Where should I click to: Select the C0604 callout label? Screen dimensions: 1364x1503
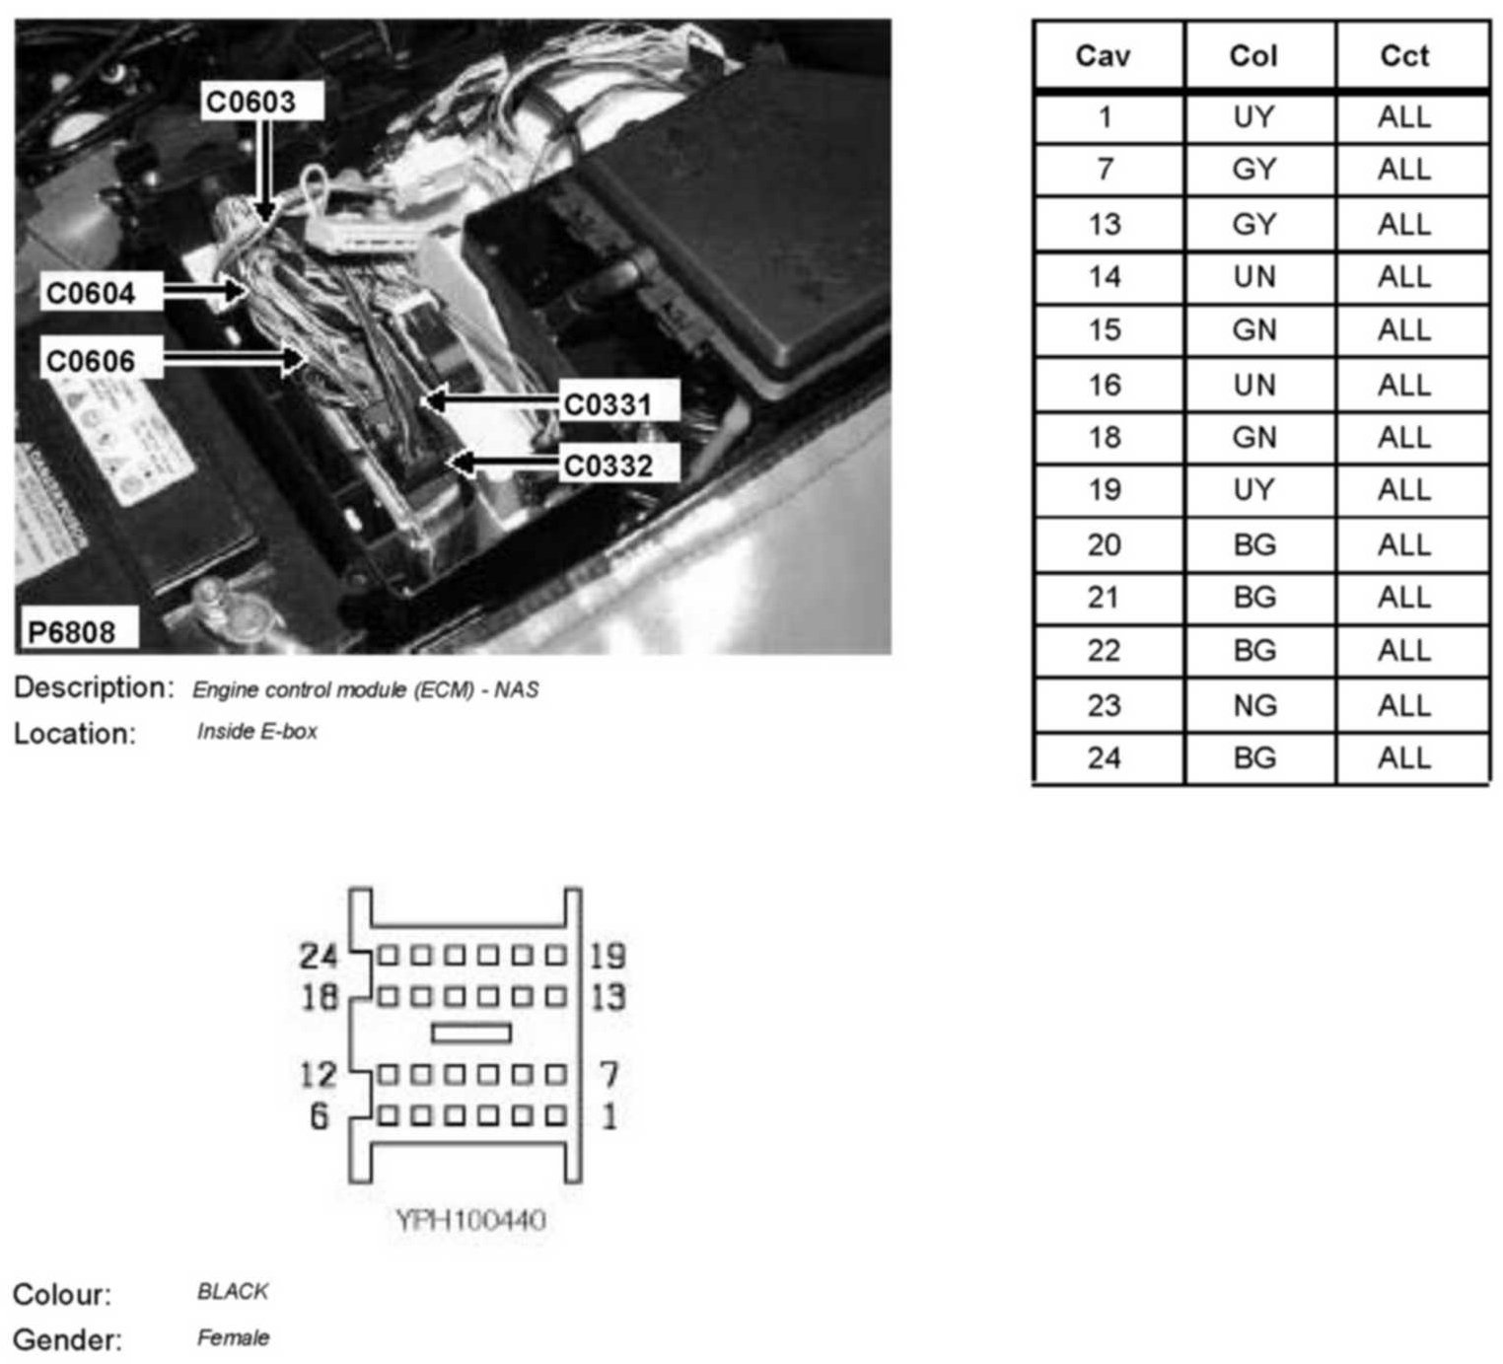91,293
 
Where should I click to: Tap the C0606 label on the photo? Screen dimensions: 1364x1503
91,361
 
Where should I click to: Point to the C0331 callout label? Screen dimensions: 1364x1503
608,404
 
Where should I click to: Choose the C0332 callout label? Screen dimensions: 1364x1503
608,465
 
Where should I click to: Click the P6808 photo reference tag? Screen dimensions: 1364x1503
71,631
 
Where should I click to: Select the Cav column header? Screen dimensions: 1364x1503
1104,56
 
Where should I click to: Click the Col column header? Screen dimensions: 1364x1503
1253,56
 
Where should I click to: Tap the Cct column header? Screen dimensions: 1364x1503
1404,56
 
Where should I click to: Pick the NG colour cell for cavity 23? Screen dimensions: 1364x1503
1253,705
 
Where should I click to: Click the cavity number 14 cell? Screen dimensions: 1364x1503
1104,277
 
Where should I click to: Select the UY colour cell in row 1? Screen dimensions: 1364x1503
1253,117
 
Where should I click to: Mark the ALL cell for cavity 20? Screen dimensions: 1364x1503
1404,544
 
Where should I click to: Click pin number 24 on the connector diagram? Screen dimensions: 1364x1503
319,955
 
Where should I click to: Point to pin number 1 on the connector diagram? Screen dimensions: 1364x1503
610,1116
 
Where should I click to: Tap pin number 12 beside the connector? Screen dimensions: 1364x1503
319,1073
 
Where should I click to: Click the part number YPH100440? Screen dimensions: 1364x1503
470,1221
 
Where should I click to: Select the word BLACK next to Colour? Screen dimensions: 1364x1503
233,1291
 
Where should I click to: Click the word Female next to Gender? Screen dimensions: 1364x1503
233,1338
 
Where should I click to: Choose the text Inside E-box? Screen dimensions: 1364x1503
256,732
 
